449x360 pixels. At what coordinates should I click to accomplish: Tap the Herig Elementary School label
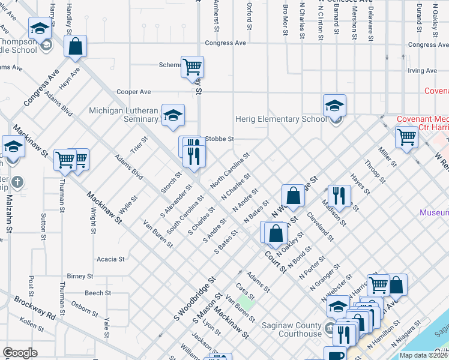(x=281, y=119)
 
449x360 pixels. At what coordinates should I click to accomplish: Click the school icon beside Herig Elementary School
(x=334, y=107)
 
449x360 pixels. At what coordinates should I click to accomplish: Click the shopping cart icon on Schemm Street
(x=192, y=67)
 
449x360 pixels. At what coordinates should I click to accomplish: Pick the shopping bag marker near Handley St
(x=76, y=47)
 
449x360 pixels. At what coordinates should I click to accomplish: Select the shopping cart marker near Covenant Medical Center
(x=406, y=137)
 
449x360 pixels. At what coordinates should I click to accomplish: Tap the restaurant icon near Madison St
(x=339, y=195)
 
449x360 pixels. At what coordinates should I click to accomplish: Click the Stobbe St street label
(x=219, y=139)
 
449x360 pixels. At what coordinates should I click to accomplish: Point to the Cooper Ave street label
(x=133, y=92)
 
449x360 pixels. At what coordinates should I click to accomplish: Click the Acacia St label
(x=110, y=259)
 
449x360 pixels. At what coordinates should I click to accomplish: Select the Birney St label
(x=80, y=277)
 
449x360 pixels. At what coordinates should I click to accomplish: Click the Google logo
(x=20, y=353)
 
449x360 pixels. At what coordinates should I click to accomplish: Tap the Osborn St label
(x=85, y=309)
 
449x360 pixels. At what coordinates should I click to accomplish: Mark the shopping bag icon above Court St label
(x=276, y=233)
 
